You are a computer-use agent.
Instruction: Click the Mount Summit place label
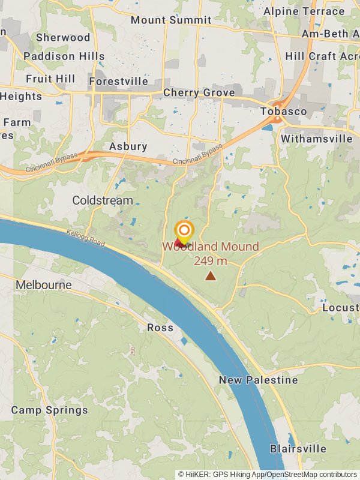pos(171,20)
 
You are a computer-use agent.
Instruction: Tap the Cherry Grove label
pos(199,93)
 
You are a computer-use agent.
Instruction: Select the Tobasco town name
pos(284,112)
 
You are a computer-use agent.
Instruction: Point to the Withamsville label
pos(316,139)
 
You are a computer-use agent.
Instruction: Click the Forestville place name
pos(118,81)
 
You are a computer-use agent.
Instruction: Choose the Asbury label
pos(128,146)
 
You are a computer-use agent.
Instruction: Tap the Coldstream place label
pos(103,200)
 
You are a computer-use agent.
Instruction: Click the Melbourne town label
pos(44,284)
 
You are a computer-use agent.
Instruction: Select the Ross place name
pos(160,328)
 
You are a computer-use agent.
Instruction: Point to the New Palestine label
pos(258,380)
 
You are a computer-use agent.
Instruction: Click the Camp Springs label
pos(49,410)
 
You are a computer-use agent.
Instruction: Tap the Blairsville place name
pos(298,449)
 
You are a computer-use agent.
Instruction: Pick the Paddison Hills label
pos(64,56)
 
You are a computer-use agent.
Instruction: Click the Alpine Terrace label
pos(304,11)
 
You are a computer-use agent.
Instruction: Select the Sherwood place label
pos(63,37)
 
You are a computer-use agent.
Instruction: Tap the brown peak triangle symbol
pos(211,275)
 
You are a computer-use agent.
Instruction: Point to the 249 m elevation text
pos(211,261)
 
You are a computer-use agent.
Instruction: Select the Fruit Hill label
pos(50,79)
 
